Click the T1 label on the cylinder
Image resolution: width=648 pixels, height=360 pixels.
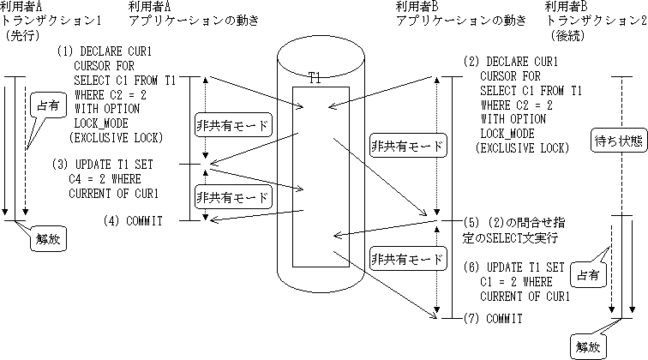pyautogui.click(x=315, y=79)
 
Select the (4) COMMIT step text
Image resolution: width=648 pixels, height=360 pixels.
pyautogui.click(x=135, y=221)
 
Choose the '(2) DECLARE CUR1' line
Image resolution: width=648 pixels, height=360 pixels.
pyautogui.click(x=511, y=62)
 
